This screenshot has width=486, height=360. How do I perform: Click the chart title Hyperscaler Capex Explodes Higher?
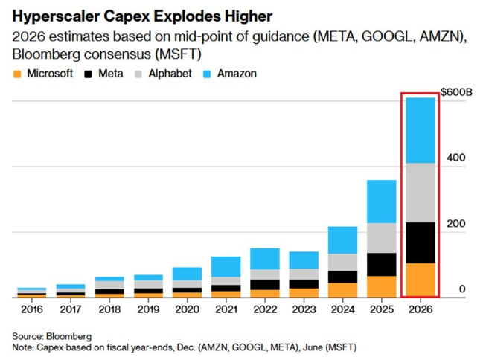141,16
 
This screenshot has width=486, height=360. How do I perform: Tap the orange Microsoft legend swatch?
16,74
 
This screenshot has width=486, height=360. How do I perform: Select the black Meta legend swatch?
90,74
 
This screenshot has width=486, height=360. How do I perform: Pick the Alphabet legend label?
170,74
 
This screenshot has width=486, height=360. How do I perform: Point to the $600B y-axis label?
457,91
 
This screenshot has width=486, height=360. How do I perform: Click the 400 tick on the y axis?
455,158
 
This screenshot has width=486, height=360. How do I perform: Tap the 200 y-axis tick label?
455,223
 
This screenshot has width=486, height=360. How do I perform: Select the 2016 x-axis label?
31,309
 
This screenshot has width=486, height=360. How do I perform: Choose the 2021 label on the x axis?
226,309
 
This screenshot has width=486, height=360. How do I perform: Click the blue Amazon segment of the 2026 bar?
420,130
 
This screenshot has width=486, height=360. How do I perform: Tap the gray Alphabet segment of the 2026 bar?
420,193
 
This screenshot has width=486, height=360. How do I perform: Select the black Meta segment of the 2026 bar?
420,242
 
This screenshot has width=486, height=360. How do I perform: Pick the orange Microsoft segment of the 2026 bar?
420,280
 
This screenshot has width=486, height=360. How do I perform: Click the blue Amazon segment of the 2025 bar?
381,202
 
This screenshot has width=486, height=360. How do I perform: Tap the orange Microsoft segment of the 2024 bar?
342,290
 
